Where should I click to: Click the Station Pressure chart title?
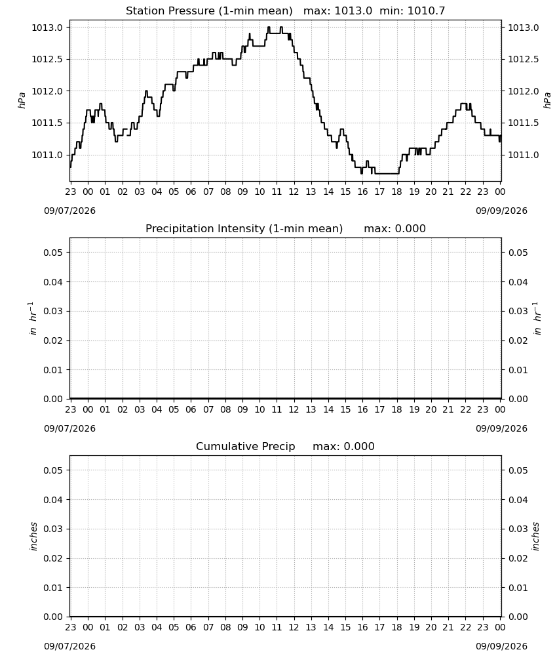(209, 10)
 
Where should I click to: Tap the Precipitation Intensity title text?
(244, 228)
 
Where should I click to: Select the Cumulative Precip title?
(245, 446)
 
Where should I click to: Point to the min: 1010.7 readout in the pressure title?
(412, 10)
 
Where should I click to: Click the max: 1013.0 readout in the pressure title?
(337, 10)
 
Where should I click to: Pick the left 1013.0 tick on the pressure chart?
(47, 28)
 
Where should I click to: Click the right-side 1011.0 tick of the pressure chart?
(523, 155)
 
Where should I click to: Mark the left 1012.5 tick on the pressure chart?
(47, 60)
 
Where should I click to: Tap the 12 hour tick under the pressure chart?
(294, 192)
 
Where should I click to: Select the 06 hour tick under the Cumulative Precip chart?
(191, 627)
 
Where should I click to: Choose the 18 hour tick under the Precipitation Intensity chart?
(396, 409)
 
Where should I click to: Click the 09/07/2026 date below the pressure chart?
(69, 211)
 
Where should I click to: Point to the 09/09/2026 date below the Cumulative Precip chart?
(501, 646)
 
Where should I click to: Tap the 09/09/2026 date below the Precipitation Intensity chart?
(501, 428)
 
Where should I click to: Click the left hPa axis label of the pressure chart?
(22, 100)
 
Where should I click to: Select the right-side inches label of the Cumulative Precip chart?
(535, 537)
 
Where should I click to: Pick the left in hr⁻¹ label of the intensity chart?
(32, 318)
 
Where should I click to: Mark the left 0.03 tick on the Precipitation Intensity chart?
(53, 311)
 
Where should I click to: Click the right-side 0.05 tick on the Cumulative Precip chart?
(518, 470)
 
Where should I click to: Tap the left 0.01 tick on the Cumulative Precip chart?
(53, 587)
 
